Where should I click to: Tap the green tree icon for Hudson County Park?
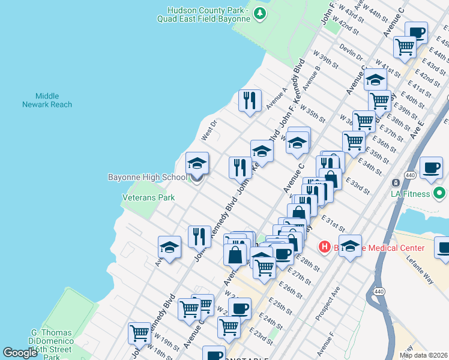(259, 13)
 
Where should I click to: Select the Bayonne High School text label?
(147, 177)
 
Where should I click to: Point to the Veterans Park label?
(148, 197)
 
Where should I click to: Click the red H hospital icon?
(325, 247)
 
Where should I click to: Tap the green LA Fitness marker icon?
(440, 194)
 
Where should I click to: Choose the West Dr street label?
(209, 133)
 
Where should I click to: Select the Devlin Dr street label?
(351, 53)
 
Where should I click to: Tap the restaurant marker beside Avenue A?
(250, 100)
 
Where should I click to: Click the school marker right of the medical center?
(351, 245)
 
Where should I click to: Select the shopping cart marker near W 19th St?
(140, 332)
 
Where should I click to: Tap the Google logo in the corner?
(20, 353)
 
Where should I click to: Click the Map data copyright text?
(424, 355)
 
